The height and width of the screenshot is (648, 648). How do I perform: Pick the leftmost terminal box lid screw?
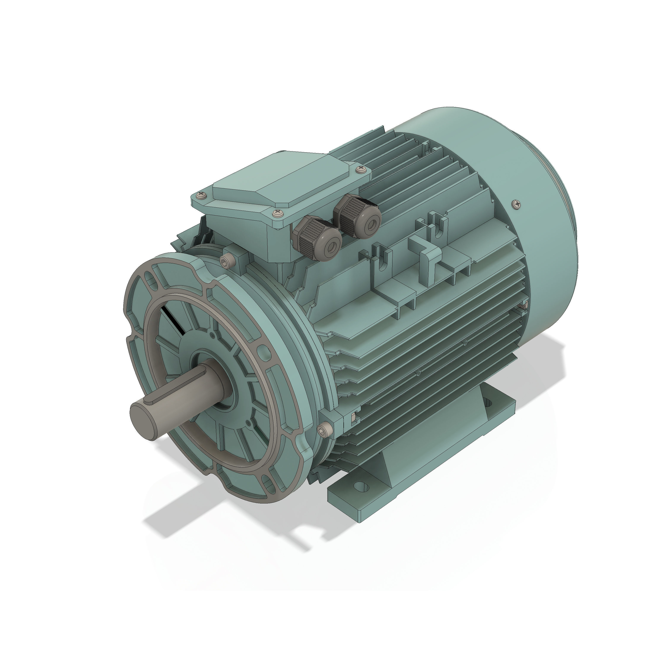click(x=201, y=195)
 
